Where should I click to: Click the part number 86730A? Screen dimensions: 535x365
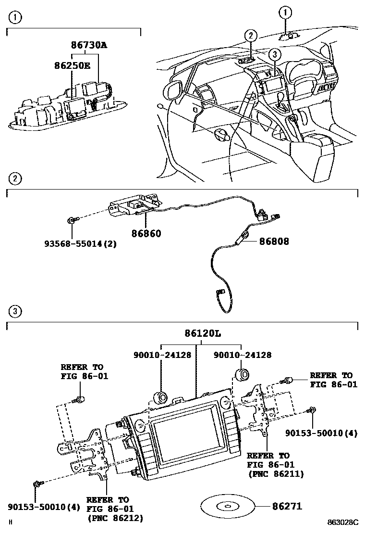point(89,46)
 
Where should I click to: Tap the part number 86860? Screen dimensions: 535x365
point(146,233)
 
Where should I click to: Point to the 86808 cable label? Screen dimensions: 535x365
point(274,241)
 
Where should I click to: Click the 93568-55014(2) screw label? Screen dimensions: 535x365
point(81,244)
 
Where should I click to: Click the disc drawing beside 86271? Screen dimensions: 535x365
point(225,507)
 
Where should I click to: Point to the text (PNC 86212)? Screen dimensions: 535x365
point(115,518)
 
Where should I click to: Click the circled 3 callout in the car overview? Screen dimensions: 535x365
point(273,54)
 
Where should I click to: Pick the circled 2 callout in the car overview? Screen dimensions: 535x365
point(250,35)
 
